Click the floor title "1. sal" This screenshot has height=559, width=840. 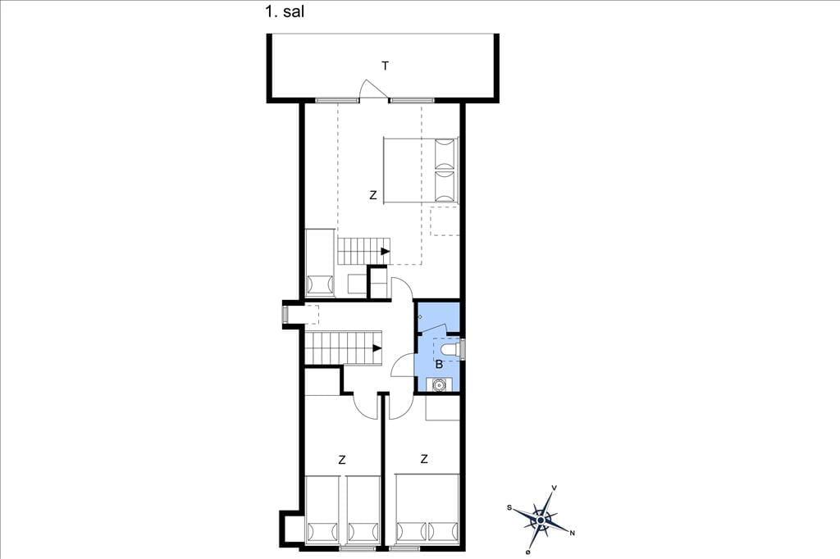tap(285, 11)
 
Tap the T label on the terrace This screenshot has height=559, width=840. tap(386, 66)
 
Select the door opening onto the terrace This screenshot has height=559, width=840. tap(373, 89)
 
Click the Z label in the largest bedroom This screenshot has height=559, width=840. tap(373, 195)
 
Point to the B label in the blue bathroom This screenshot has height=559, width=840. tap(440, 365)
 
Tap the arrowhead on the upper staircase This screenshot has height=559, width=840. tap(386, 251)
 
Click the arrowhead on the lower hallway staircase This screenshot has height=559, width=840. tap(377, 348)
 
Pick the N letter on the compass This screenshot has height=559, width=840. tap(572, 532)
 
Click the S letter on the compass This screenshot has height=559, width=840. tap(509, 507)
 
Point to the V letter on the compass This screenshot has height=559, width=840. tap(554, 488)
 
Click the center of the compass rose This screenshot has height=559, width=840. tap(541, 520)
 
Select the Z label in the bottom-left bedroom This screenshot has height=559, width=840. tap(342, 460)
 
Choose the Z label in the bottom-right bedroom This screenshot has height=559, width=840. tap(424, 459)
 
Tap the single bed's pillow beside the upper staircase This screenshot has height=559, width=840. tap(320, 284)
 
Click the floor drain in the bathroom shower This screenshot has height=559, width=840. tap(420, 317)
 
